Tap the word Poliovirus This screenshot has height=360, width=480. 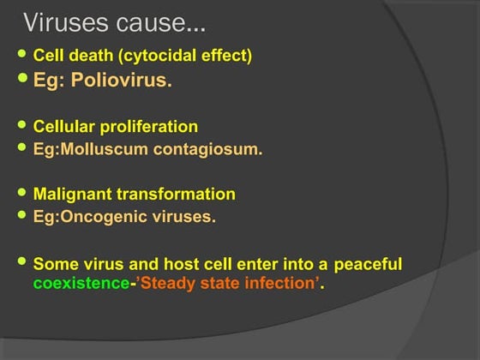click(x=127, y=81)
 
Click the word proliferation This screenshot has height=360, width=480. click(x=150, y=127)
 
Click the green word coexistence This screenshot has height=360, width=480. click(x=80, y=284)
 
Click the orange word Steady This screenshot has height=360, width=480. click(x=166, y=284)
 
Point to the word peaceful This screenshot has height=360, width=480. click(x=368, y=265)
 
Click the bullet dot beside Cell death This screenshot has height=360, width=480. click(x=23, y=56)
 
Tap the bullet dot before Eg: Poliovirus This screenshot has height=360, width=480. click(x=23, y=80)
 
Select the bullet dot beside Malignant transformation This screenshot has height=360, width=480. click(x=23, y=194)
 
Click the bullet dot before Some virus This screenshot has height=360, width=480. click(x=23, y=261)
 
